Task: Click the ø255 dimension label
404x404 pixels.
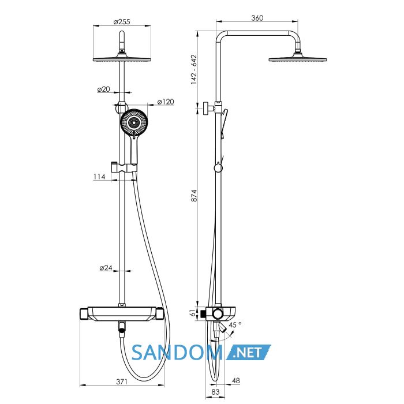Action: (x=122, y=22)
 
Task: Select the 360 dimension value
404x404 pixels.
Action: (x=257, y=18)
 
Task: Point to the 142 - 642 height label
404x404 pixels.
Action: (x=194, y=69)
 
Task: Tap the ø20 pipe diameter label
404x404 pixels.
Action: (x=103, y=89)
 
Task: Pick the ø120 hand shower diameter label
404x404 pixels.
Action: (x=166, y=102)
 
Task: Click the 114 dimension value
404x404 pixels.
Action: (x=99, y=177)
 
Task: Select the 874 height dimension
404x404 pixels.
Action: (x=194, y=196)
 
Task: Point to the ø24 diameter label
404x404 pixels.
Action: (x=106, y=268)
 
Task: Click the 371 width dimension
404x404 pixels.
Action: (x=122, y=381)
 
